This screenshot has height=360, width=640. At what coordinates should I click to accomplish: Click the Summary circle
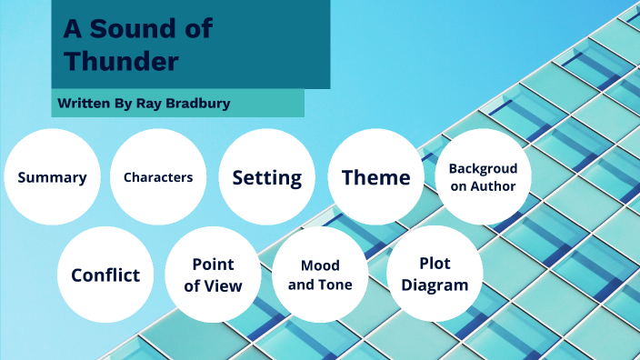tap(52, 177)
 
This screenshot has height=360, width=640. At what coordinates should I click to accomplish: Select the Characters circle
tap(158, 177)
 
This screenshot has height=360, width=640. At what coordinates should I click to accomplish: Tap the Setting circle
tap(266, 177)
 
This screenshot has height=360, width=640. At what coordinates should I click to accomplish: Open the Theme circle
tap(375, 177)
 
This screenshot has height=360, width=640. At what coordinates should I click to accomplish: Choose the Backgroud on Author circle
tap(483, 177)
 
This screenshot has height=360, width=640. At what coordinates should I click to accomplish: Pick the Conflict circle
tap(105, 275)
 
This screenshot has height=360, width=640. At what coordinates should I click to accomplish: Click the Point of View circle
tap(213, 275)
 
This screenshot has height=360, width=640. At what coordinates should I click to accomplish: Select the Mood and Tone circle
tap(320, 275)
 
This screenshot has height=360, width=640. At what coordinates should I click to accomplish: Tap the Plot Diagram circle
tap(435, 274)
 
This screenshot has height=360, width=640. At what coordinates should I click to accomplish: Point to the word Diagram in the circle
tap(435, 285)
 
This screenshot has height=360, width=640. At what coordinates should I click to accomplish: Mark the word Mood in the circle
tap(320, 265)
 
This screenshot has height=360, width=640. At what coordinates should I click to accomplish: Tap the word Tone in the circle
tap(335, 285)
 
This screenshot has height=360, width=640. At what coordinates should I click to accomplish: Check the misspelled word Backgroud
tap(483, 168)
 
